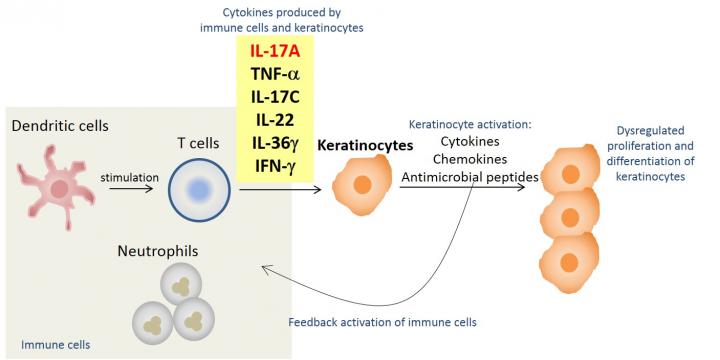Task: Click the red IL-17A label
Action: (x=274, y=49)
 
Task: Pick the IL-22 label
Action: (x=274, y=120)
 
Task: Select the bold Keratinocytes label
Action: (x=365, y=145)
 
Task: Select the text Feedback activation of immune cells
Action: (x=382, y=322)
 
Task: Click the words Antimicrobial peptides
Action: (x=468, y=177)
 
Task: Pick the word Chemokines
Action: (x=468, y=159)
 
